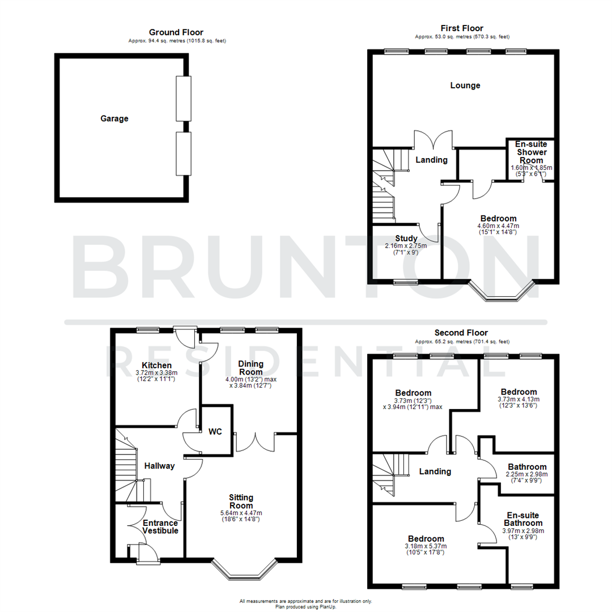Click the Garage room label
(114, 118)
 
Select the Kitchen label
(156, 365)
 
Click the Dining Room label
(250, 368)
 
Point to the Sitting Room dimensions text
(241, 516)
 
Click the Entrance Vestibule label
(160, 527)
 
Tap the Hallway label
(159, 466)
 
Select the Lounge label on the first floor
(465, 86)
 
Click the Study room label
(407, 238)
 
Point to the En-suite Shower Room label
(531, 152)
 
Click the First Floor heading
(461, 28)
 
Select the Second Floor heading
(461, 333)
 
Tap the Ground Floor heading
(176, 32)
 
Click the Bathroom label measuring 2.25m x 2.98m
(527, 467)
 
